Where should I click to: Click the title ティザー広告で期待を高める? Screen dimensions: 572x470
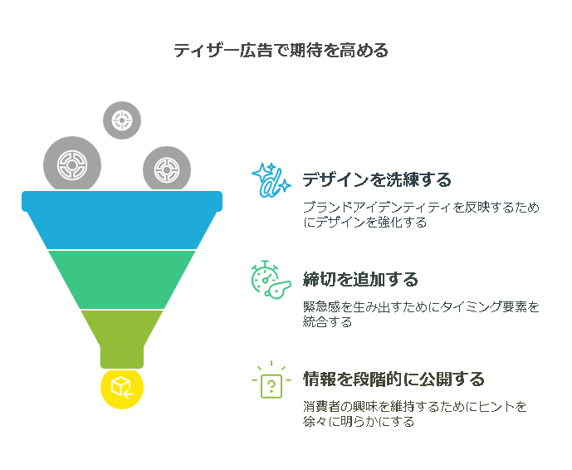pos(281,50)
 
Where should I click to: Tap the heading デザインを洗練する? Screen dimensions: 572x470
pos(377,179)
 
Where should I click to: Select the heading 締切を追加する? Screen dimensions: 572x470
pos(360,279)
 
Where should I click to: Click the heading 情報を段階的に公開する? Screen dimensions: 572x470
pos(394,379)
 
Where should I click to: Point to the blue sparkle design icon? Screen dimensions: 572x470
pos(271,180)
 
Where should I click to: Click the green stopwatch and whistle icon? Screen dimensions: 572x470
pos(271,280)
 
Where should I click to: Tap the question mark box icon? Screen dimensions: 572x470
pos(271,379)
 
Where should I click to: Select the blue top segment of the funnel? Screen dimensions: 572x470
pos(122,220)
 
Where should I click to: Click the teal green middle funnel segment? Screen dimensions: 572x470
pos(122,280)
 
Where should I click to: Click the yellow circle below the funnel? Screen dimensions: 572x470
pos(122,388)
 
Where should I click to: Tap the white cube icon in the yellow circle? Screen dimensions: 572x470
pos(121,387)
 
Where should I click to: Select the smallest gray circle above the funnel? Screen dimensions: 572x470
pos(122,120)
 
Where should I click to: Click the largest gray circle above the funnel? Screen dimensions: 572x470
pos(72,164)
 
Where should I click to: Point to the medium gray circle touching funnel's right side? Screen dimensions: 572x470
pos(167,169)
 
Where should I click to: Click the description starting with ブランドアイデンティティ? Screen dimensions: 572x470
pos(421,214)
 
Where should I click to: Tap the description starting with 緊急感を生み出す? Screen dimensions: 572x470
pos(421,314)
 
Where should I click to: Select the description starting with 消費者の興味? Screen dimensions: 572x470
pos(415,414)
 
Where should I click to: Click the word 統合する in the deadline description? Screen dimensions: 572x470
pos(327,322)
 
